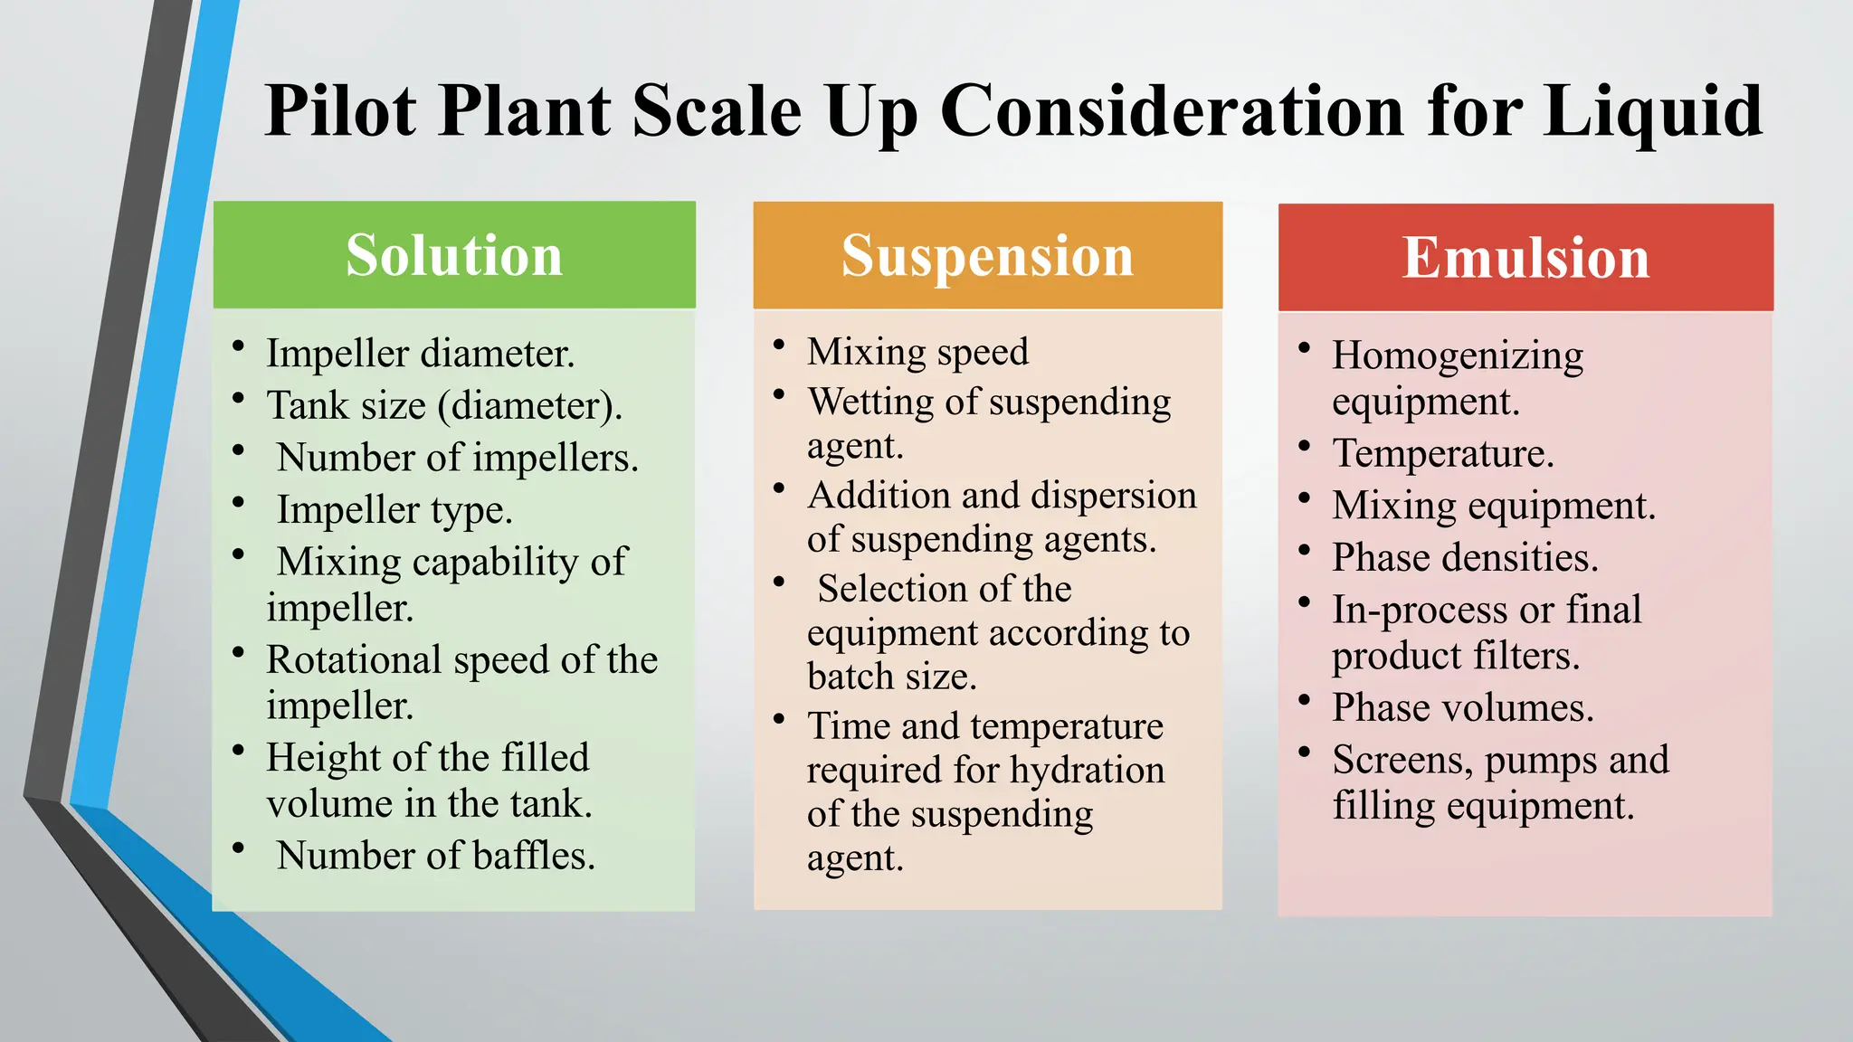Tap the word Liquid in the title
click(x=1653, y=112)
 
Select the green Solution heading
click(x=454, y=255)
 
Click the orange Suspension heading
click(x=987, y=255)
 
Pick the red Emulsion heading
click(x=1525, y=258)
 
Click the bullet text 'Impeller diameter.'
click(x=420, y=353)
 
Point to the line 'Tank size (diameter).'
click(x=444, y=405)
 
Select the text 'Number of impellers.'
click(x=457, y=458)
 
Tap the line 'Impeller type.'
click(x=394, y=510)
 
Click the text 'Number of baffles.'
click(x=436, y=856)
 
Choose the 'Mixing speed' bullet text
click(x=917, y=352)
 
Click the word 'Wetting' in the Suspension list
click(x=870, y=402)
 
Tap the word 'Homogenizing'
click(x=1458, y=356)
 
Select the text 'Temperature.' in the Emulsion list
click(x=1443, y=453)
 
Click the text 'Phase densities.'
click(x=1465, y=557)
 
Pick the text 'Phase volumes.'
click(x=1463, y=707)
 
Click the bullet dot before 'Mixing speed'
click(x=779, y=345)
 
